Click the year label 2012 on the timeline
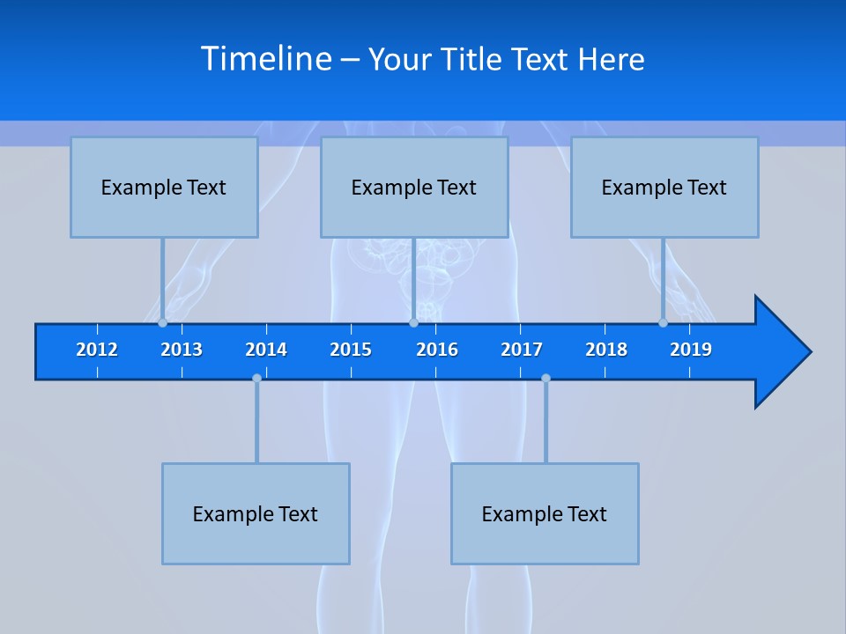coord(97,350)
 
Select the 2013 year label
coord(182,350)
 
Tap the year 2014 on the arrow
coord(266,350)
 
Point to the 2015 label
coord(351,350)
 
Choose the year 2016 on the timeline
coord(437,350)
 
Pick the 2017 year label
coord(522,350)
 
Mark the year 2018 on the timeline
coord(606,350)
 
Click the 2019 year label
coord(691,350)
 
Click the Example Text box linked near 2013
coord(164,187)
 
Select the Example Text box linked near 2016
coord(414,187)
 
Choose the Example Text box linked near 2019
coord(664,187)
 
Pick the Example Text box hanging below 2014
coord(256,513)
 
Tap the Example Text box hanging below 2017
coord(545,513)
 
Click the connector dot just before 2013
coord(162,323)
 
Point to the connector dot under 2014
coord(256,378)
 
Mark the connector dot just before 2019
coord(663,323)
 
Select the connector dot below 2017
coord(545,378)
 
